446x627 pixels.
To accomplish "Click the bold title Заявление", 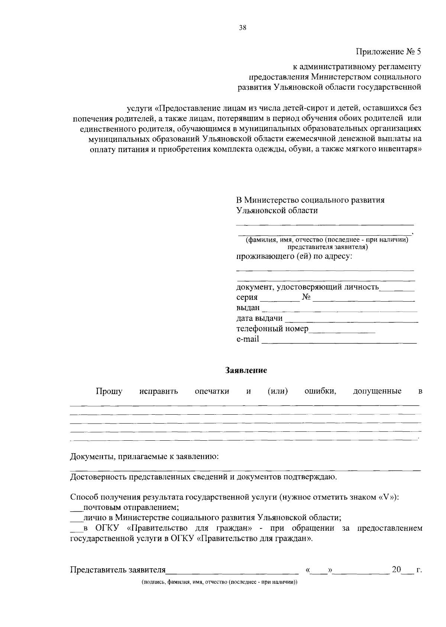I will click(246, 370).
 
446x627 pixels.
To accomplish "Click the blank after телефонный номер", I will click(342, 330).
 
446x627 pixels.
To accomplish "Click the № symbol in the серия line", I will click(307, 297).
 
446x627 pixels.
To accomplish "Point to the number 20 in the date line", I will click(397, 569).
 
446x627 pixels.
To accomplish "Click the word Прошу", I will click(109, 391).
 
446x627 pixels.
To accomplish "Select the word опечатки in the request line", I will click(212, 391).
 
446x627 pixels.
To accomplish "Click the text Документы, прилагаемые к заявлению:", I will click(144, 457).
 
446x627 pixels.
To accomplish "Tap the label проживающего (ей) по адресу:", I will click(294, 256).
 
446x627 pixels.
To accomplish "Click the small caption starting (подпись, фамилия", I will click(219, 582).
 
